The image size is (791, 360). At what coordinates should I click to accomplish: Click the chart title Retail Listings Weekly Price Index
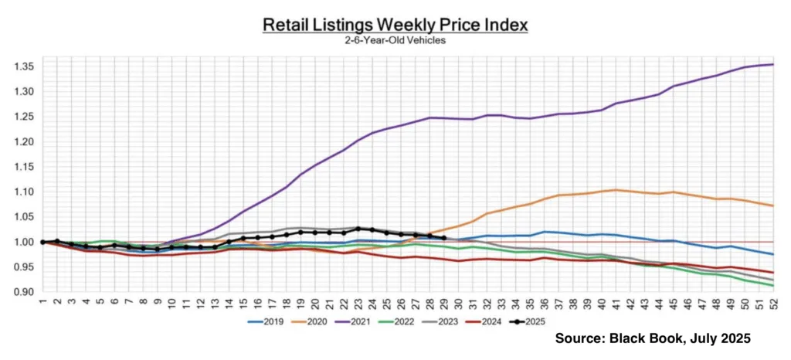tap(395, 25)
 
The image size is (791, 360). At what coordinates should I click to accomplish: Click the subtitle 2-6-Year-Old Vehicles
tap(395, 40)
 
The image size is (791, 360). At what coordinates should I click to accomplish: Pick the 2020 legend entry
tap(325, 322)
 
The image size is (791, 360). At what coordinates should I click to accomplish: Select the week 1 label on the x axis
tap(43, 303)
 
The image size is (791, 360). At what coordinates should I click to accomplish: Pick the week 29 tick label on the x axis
tap(443, 303)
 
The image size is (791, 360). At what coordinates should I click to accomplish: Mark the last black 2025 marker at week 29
tap(443, 238)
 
